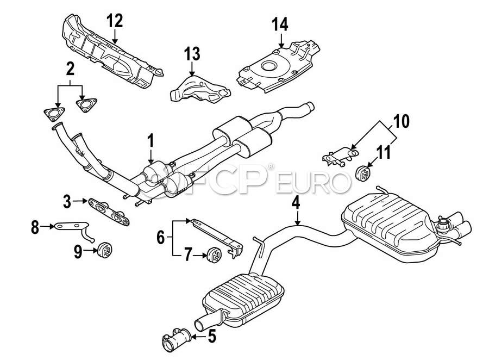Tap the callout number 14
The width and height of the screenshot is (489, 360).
(280, 24)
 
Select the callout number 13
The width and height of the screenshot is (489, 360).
(192, 54)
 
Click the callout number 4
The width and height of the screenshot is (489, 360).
(296, 203)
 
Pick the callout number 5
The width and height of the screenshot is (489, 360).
(211, 337)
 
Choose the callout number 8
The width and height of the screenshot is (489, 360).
(35, 227)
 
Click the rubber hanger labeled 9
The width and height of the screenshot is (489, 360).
(105, 252)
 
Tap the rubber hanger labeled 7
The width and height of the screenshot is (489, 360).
(216, 255)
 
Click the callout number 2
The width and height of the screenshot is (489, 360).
(70, 69)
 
